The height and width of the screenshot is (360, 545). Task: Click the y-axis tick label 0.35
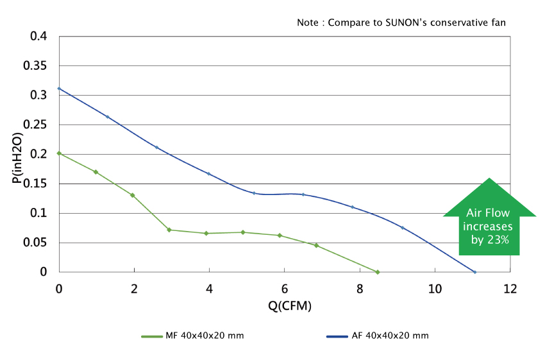coord(35,66)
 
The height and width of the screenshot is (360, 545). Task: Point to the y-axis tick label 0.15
coord(35,184)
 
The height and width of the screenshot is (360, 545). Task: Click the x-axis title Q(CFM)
coord(290,306)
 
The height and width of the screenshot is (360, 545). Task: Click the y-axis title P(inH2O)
coord(17,154)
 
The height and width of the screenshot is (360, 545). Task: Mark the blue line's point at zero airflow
coord(59,89)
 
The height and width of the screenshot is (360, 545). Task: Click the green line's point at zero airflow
coord(59,153)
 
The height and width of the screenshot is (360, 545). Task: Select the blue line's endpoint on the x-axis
coord(474,272)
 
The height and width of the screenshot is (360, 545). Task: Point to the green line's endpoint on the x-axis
coord(378,272)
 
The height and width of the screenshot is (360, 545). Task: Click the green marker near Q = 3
coord(169,230)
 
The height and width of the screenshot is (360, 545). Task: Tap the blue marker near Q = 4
coord(208,174)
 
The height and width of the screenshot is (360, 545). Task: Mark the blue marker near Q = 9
coord(403,228)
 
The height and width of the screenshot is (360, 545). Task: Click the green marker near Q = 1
coord(96,172)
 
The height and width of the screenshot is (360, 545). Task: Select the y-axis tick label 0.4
coord(39,37)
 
